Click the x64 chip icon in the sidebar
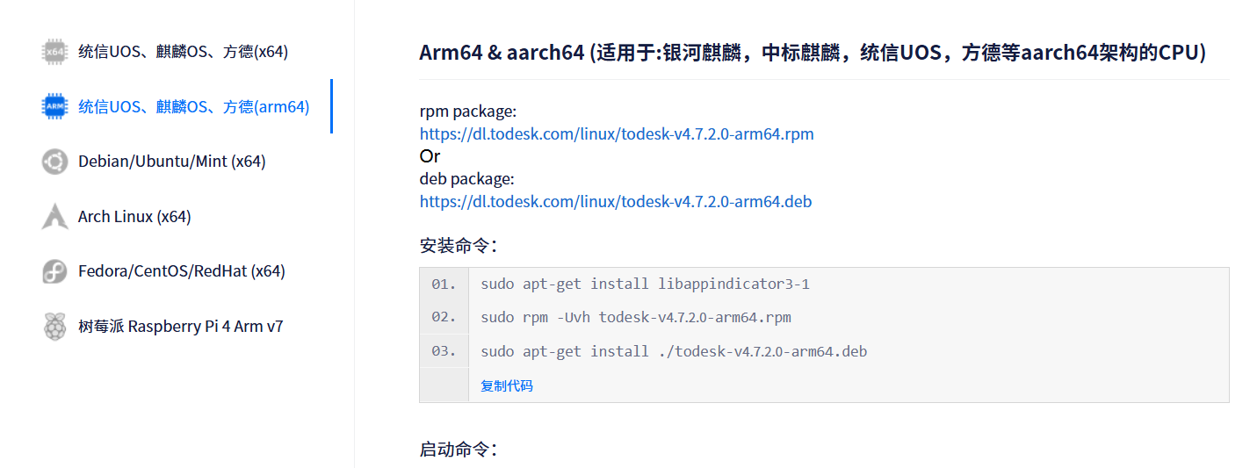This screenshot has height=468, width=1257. click(x=54, y=52)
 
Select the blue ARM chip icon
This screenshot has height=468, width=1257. click(x=54, y=107)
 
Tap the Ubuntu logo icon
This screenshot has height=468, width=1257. click(x=54, y=162)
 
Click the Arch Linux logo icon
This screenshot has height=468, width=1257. click(x=54, y=216)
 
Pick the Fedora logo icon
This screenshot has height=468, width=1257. click(x=54, y=271)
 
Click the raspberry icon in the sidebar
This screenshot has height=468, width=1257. click(x=54, y=327)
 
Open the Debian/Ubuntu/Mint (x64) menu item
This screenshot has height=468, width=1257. click(x=171, y=162)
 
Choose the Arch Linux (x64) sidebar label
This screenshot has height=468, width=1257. click(x=134, y=216)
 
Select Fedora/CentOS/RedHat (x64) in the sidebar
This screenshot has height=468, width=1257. click(x=181, y=271)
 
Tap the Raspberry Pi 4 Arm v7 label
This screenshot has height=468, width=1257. click(x=180, y=327)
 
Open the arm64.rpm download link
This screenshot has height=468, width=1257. click(x=617, y=134)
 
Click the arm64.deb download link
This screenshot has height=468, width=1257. click(x=616, y=201)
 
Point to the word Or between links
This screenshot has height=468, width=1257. click(x=430, y=156)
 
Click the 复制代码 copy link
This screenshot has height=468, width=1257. click(x=507, y=385)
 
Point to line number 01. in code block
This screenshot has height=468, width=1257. click(x=444, y=284)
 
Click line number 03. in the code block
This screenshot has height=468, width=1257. click(x=444, y=351)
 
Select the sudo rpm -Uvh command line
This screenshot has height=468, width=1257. click(x=636, y=317)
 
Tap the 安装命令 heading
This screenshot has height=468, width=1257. click(x=458, y=246)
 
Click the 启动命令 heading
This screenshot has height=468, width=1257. click(x=458, y=450)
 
